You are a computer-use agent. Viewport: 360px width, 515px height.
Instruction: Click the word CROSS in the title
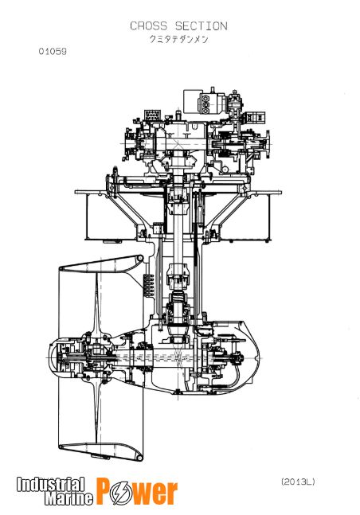[149, 26]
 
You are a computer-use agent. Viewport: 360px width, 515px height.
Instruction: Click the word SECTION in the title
[202, 26]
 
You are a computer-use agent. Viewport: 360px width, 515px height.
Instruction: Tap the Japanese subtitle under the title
[179, 39]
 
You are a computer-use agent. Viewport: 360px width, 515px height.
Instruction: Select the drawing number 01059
[53, 51]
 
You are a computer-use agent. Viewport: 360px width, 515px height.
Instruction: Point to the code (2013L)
[298, 482]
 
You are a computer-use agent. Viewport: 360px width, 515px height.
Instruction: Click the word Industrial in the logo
[51, 485]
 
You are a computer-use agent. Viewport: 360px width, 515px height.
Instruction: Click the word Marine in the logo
[68, 498]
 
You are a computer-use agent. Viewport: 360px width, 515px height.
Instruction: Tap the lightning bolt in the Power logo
[119, 492]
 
